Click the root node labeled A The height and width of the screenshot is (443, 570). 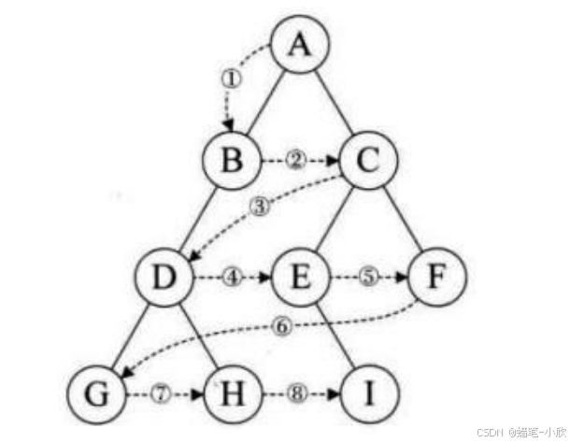coord(300,44)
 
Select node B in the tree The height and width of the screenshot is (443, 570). coord(232,161)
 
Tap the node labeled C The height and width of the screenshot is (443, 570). coord(368,161)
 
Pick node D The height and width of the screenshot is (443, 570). coord(164,278)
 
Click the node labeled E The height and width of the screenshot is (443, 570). coord(301,278)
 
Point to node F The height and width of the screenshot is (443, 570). coord(437,278)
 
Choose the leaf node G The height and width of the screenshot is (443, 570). coord(96,394)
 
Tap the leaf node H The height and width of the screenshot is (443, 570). coord(233,394)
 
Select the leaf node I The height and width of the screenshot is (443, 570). coord(369,394)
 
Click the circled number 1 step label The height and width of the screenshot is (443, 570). coord(231,79)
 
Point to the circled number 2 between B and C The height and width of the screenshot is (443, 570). coord(296,161)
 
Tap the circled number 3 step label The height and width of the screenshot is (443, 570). coord(261,207)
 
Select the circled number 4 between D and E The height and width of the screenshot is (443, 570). coord(233,278)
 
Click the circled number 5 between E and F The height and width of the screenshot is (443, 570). coord(368,277)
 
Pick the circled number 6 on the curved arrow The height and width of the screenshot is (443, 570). coord(282,326)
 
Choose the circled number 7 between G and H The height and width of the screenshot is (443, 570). coord(162,393)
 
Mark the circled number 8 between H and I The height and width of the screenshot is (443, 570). coord(297,393)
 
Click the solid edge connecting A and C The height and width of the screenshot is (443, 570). coord(335,102)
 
